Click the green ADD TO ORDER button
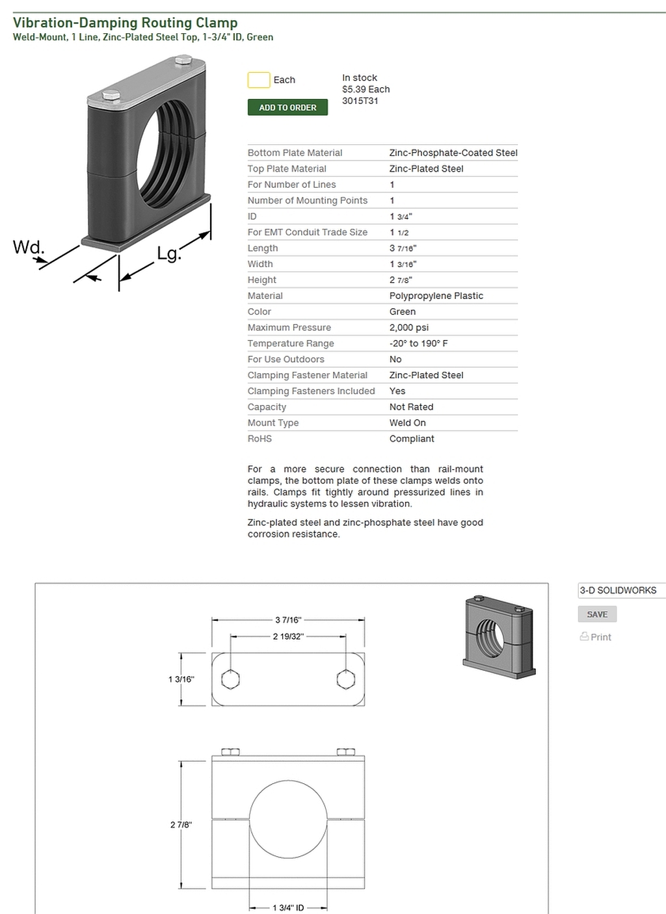click(287, 107)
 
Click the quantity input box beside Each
click(258, 80)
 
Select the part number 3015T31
click(360, 101)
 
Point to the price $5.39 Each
click(366, 89)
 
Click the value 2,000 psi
click(408, 328)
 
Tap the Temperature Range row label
click(290, 343)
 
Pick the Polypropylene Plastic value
click(436, 296)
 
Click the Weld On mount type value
click(407, 423)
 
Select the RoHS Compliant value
click(411, 439)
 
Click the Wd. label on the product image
click(29, 248)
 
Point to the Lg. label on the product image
click(168, 254)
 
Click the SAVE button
click(596, 614)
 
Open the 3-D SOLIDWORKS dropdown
click(620, 590)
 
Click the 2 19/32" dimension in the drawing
click(288, 636)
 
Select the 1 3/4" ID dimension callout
click(288, 907)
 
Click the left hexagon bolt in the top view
click(230, 680)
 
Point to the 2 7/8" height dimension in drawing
click(181, 825)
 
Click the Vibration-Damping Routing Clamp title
click(125, 23)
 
